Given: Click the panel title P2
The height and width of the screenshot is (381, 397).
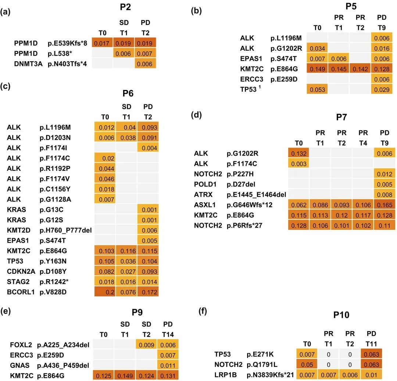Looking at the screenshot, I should click(x=125, y=7).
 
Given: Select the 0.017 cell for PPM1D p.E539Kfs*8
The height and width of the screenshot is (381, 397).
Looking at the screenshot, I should click(x=102, y=43).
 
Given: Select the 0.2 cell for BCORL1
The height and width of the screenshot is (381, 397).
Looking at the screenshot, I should click(x=105, y=293).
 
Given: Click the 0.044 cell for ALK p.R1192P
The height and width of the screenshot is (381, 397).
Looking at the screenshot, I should click(x=105, y=168).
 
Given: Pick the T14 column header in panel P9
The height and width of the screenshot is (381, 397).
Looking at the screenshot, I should click(x=167, y=334).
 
